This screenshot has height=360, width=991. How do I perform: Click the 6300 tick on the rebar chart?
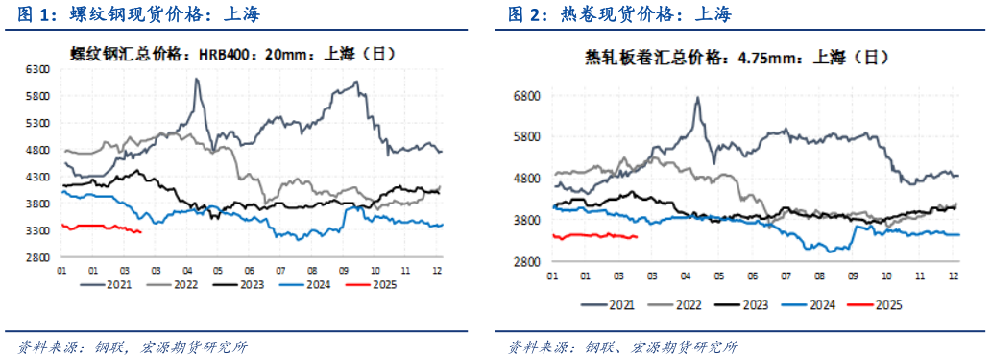click(x=37, y=70)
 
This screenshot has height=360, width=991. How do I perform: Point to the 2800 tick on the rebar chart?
click(x=37, y=258)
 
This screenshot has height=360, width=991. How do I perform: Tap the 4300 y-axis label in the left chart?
click(x=37, y=178)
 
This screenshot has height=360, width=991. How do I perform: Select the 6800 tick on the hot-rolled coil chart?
click(x=529, y=96)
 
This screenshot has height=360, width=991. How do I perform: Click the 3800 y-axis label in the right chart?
click(x=529, y=221)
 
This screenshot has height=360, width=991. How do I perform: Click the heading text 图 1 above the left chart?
click(x=29, y=14)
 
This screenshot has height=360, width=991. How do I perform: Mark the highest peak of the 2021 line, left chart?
click(x=197, y=80)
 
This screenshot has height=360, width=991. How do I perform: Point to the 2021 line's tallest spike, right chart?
click(x=697, y=98)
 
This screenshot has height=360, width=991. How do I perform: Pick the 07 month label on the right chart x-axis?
click(x=786, y=276)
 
